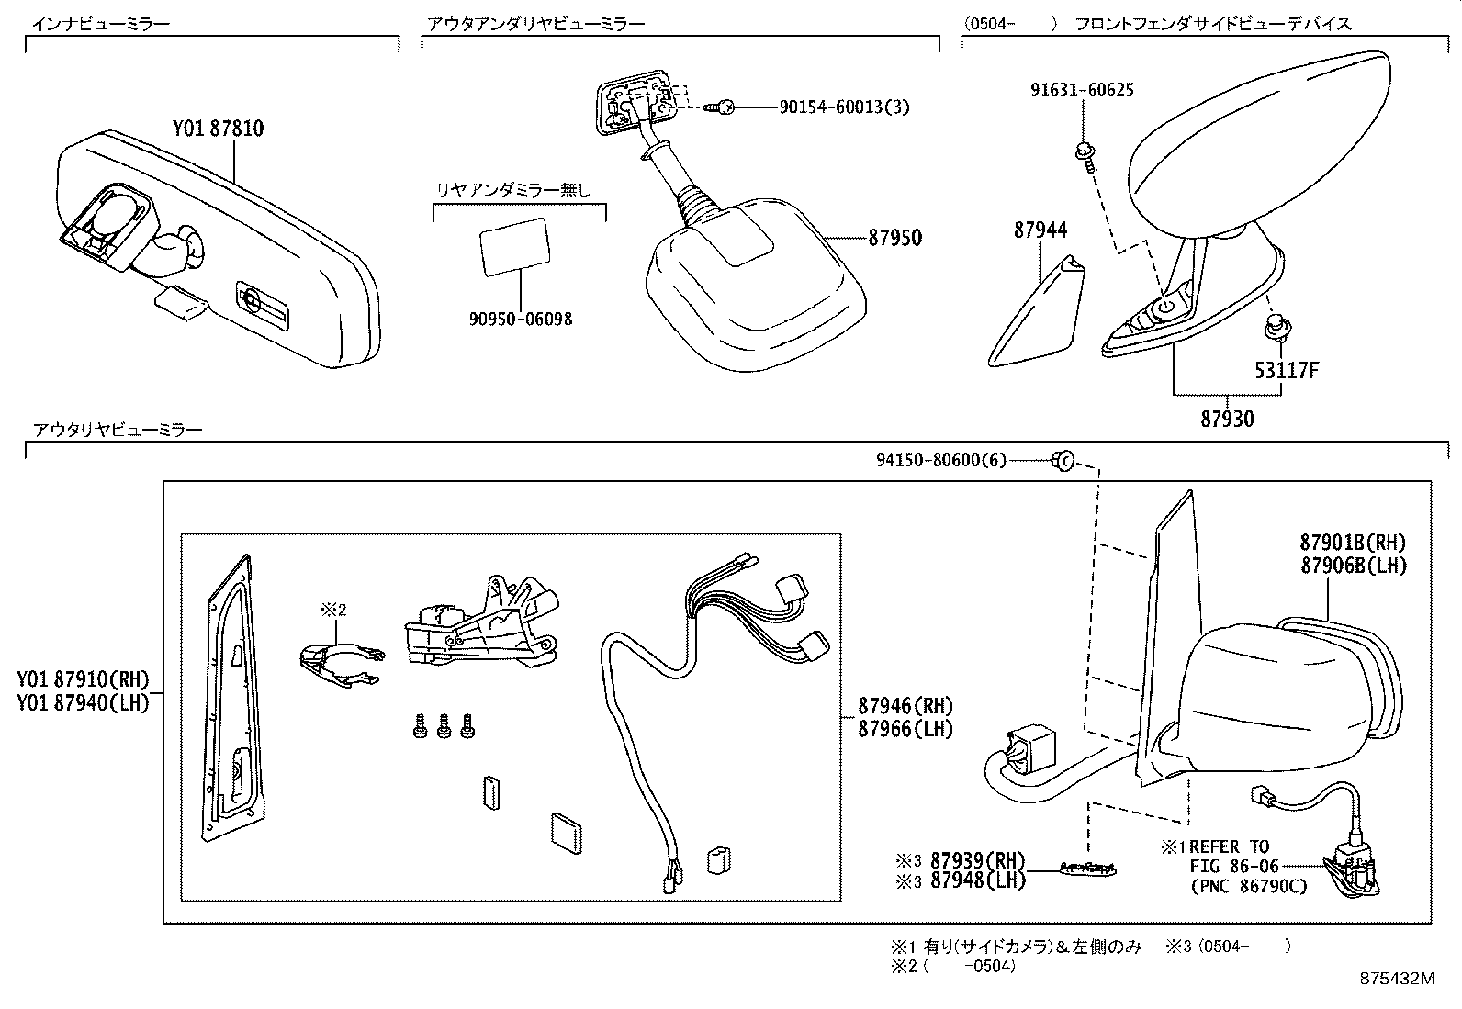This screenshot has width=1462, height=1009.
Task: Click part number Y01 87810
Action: coord(218,129)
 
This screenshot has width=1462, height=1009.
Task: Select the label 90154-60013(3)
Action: coord(844,107)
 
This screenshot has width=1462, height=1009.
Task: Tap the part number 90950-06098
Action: coord(520,320)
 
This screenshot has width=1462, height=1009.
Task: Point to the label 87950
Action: coord(894,238)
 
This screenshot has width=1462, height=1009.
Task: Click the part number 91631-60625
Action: coord(1081,90)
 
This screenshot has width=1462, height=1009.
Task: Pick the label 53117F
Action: coord(1287,371)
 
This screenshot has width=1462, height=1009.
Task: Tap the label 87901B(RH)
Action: coord(1353,544)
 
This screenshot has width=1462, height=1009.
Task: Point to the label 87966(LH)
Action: coord(905,729)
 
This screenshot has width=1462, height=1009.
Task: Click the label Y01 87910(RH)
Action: coord(82,681)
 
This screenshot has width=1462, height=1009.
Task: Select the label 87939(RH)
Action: coord(976,860)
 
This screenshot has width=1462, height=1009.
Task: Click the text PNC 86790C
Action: coord(1248,887)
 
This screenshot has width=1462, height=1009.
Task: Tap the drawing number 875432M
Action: coord(1396,979)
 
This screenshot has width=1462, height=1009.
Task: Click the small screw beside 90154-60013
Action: coord(719,108)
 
